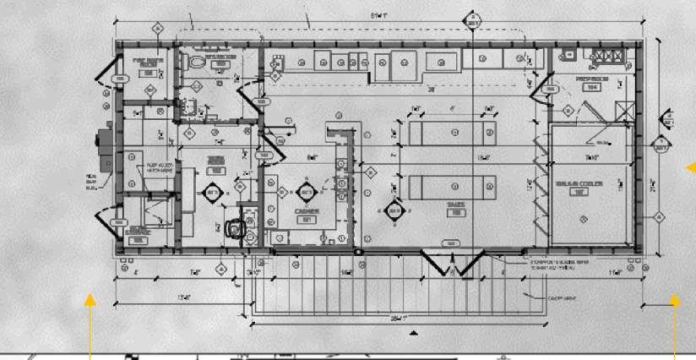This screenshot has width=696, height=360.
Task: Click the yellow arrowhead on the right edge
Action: (690, 167)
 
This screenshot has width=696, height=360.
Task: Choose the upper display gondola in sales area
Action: (452, 132)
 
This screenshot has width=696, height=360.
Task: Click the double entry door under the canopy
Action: (451, 262)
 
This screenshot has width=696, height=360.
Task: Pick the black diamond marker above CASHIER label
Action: (303, 192)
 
